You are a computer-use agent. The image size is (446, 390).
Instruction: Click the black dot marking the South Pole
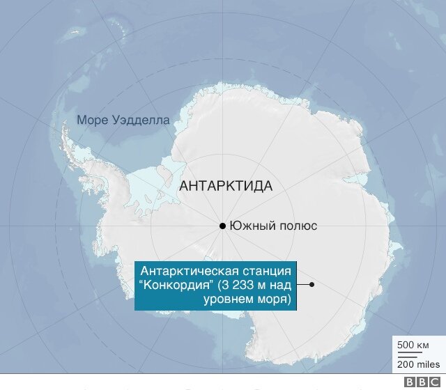coord(222,226)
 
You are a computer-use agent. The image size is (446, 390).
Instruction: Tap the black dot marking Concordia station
coord(312,284)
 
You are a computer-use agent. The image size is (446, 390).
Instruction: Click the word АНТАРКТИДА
coord(226,186)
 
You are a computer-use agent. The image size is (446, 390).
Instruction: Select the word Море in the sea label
coord(92,120)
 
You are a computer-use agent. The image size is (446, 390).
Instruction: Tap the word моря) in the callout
coord(273,299)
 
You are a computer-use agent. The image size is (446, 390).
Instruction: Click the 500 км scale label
coord(413,345)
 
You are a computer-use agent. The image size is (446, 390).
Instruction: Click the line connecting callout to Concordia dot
coord(303,284)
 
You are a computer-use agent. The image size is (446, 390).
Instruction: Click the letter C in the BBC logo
coord(431,382)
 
